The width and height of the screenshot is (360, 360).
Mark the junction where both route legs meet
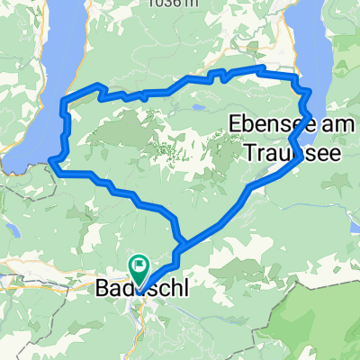[181, 242]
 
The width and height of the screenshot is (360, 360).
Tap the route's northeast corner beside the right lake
[296, 79]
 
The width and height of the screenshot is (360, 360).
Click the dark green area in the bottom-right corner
[333, 333]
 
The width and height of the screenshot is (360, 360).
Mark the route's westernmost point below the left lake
[51, 162]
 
